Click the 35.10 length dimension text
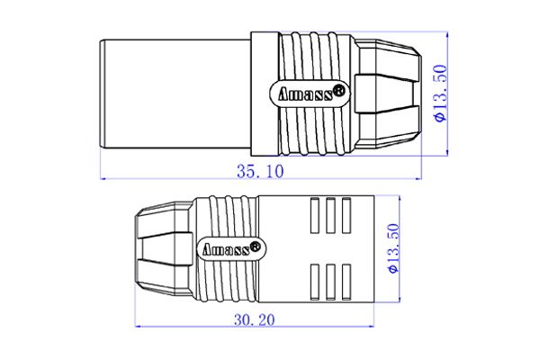pos(257,171)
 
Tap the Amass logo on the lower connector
pos(230,248)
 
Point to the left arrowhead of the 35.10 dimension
pos(102,178)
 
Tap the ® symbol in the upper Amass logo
pos(340,89)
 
